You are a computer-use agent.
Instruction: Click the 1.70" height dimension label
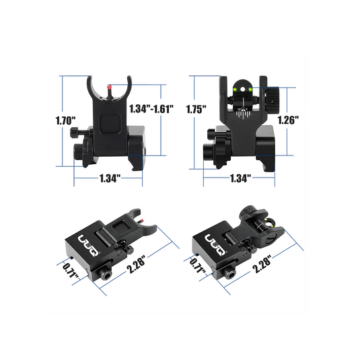(66, 120)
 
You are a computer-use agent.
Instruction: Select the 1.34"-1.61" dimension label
(151, 108)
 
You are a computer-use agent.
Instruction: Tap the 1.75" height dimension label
(196, 109)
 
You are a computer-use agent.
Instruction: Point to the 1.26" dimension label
(288, 120)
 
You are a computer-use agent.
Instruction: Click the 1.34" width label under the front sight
(110, 178)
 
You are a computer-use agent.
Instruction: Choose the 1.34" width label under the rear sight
(240, 178)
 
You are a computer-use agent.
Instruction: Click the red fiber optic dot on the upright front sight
(109, 87)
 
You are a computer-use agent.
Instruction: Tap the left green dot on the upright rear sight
(235, 89)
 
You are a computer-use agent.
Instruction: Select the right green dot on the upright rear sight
(250, 89)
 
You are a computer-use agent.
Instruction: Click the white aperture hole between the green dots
(242, 89)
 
